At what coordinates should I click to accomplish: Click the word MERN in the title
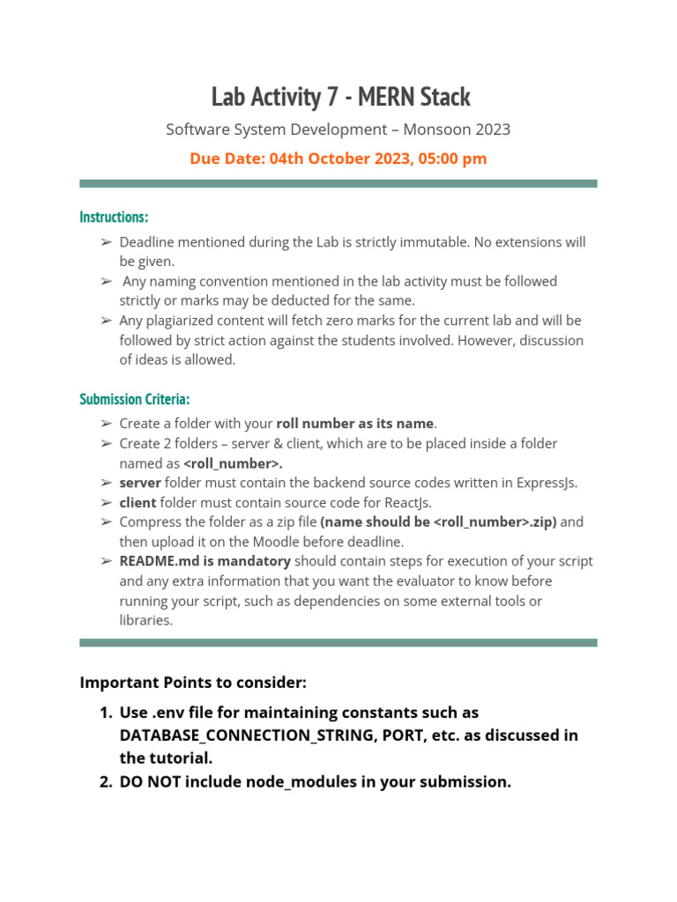(x=391, y=96)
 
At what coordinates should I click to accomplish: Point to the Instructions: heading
(x=114, y=217)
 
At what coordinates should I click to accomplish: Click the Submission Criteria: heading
(x=134, y=399)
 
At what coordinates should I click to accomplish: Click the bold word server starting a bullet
(x=140, y=483)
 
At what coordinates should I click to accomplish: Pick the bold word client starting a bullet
(x=138, y=502)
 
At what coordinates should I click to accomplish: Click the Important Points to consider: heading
(x=193, y=683)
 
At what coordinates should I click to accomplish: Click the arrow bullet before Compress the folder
(x=106, y=522)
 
